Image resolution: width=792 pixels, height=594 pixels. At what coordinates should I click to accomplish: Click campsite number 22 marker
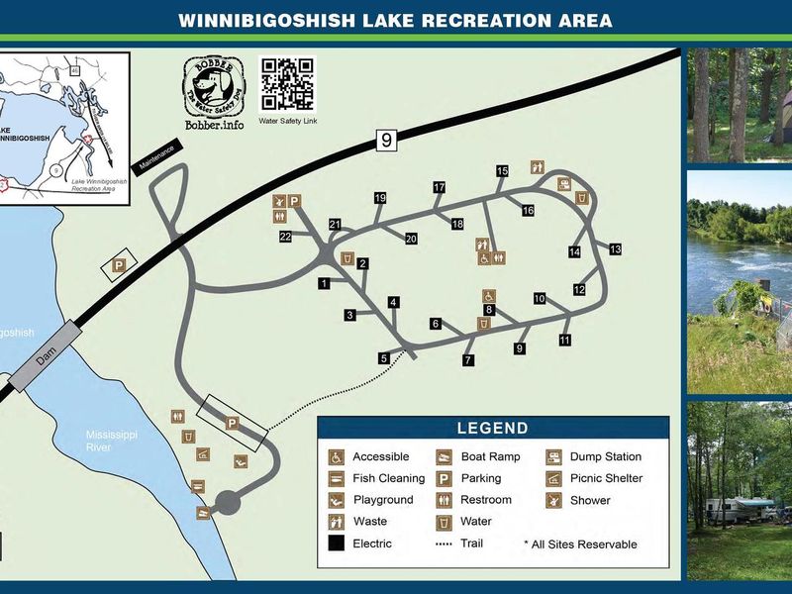(x=285, y=236)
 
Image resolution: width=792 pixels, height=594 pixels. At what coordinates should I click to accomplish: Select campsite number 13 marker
(x=615, y=248)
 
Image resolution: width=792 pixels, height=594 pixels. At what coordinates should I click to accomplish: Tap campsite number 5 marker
(x=384, y=358)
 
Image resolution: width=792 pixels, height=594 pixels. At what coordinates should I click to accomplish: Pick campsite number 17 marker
(x=440, y=187)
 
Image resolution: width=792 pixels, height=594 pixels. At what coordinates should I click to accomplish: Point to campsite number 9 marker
(x=520, y=347)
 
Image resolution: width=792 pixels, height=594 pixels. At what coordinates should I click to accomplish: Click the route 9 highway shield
(x=386, y=141)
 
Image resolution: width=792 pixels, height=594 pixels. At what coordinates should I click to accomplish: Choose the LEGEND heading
(x=492, y=429)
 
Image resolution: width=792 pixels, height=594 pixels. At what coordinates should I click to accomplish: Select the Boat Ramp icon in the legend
(x=445, y=457)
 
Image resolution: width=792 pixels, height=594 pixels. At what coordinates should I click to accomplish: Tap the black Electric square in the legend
(x=338, y=544)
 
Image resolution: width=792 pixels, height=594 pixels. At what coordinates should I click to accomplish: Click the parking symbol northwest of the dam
(x=120, y=265)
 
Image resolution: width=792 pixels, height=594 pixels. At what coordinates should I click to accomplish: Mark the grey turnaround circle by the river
(x=228, y=502)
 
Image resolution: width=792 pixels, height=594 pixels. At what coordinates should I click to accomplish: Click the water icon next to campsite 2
(x=347, y=258)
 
